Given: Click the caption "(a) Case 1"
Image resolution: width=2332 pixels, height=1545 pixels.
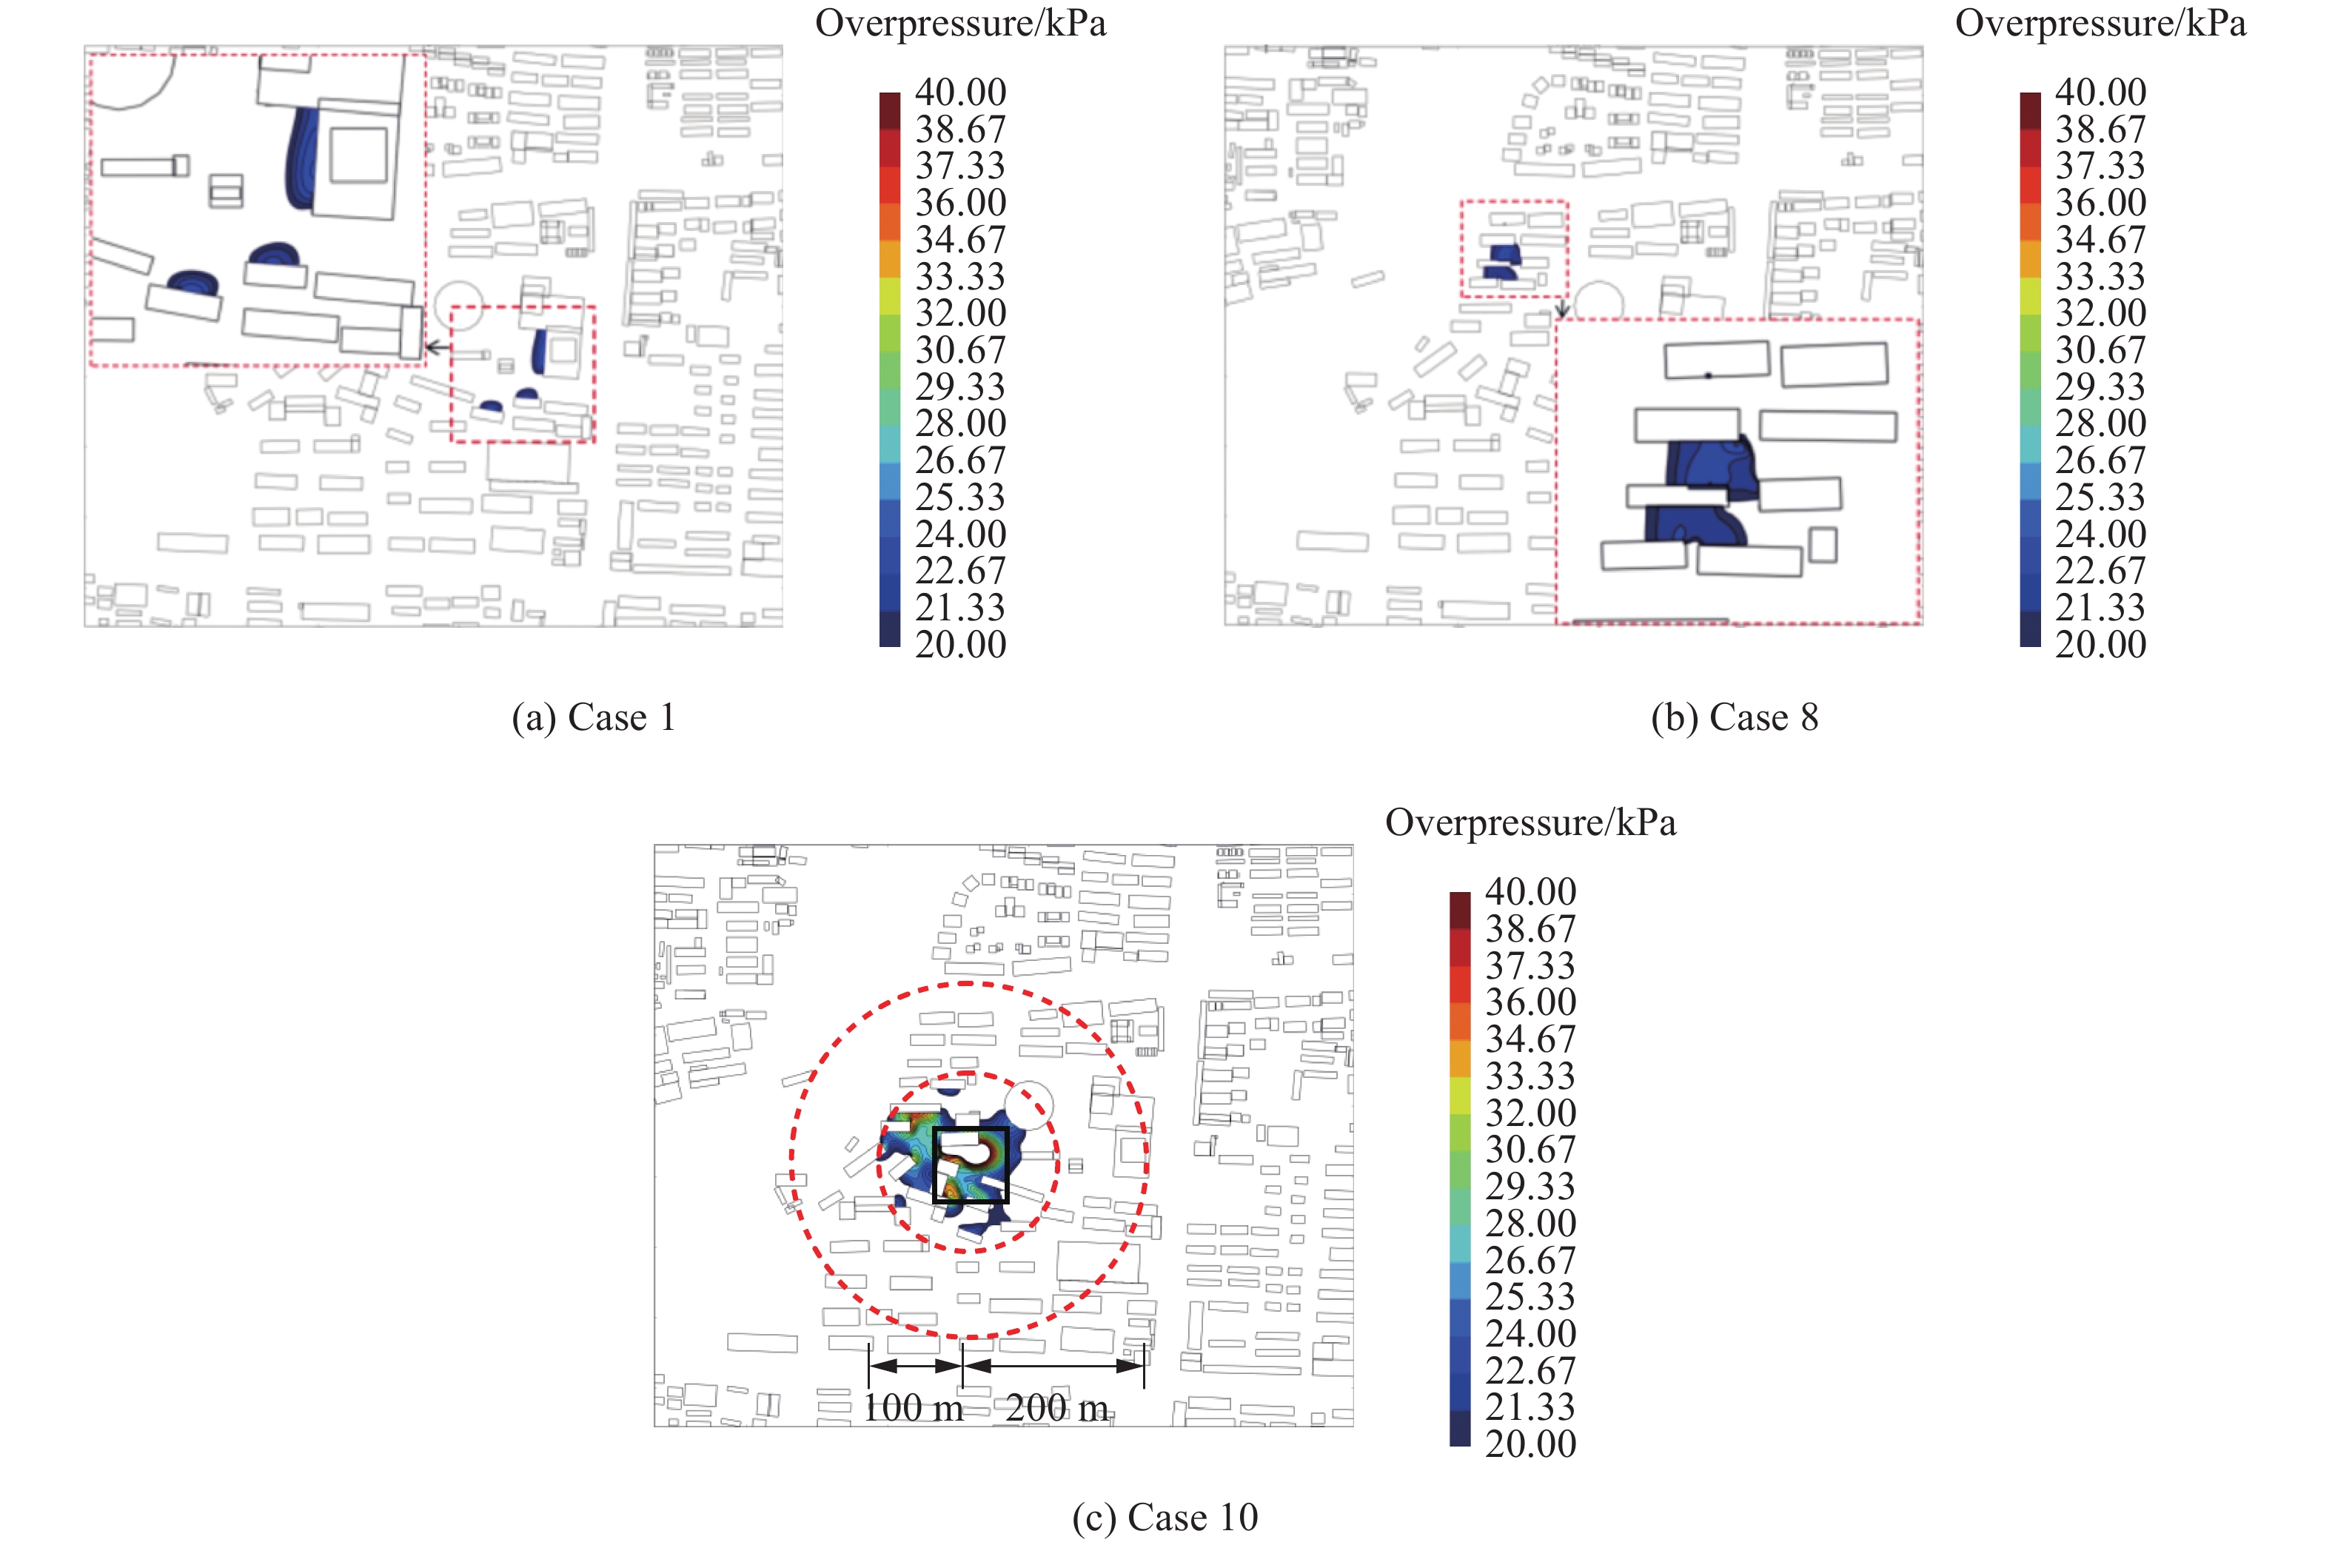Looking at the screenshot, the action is click(x=593, y=717).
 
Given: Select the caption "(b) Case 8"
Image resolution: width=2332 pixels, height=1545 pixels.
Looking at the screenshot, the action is click(x=1734, y=717).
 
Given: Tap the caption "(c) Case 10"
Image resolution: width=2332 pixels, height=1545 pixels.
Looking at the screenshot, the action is click(x=1165, y=1518).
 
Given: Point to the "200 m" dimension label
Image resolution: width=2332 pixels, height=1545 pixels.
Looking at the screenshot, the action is click(x=1057, y=1407).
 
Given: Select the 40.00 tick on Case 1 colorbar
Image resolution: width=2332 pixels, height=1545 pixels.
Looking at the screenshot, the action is click(x=961, y=93).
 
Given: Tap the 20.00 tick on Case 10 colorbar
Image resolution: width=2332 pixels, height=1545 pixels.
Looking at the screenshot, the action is click(x=1530, y=1444).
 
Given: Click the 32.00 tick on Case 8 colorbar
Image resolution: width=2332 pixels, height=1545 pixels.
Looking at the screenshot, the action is click(x=2100, y=313).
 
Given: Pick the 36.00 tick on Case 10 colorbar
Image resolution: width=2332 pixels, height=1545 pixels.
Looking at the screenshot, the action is click(x=1530, y=1002).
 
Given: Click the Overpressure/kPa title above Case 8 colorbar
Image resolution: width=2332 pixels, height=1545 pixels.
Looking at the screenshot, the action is click(x=2100, y=24).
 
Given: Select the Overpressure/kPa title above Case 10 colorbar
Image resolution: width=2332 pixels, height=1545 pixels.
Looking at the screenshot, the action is click(x=1530, y=822).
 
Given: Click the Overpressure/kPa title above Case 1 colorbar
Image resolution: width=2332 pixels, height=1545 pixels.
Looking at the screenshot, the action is click(x=961, y=24).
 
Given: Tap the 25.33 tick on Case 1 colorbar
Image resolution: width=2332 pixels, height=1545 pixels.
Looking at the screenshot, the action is click(x=961, y=497).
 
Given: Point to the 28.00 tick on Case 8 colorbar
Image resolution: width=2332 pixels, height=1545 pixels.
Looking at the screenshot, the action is click(x=2100, y=423).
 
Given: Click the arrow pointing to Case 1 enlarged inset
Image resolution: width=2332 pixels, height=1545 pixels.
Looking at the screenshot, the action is click(x=438, y=347).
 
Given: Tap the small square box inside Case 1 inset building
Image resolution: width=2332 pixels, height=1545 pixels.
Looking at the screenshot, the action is click(x=358, y=154).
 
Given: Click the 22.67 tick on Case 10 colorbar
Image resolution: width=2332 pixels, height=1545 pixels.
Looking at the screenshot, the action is click(x=1530, y=1370).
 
